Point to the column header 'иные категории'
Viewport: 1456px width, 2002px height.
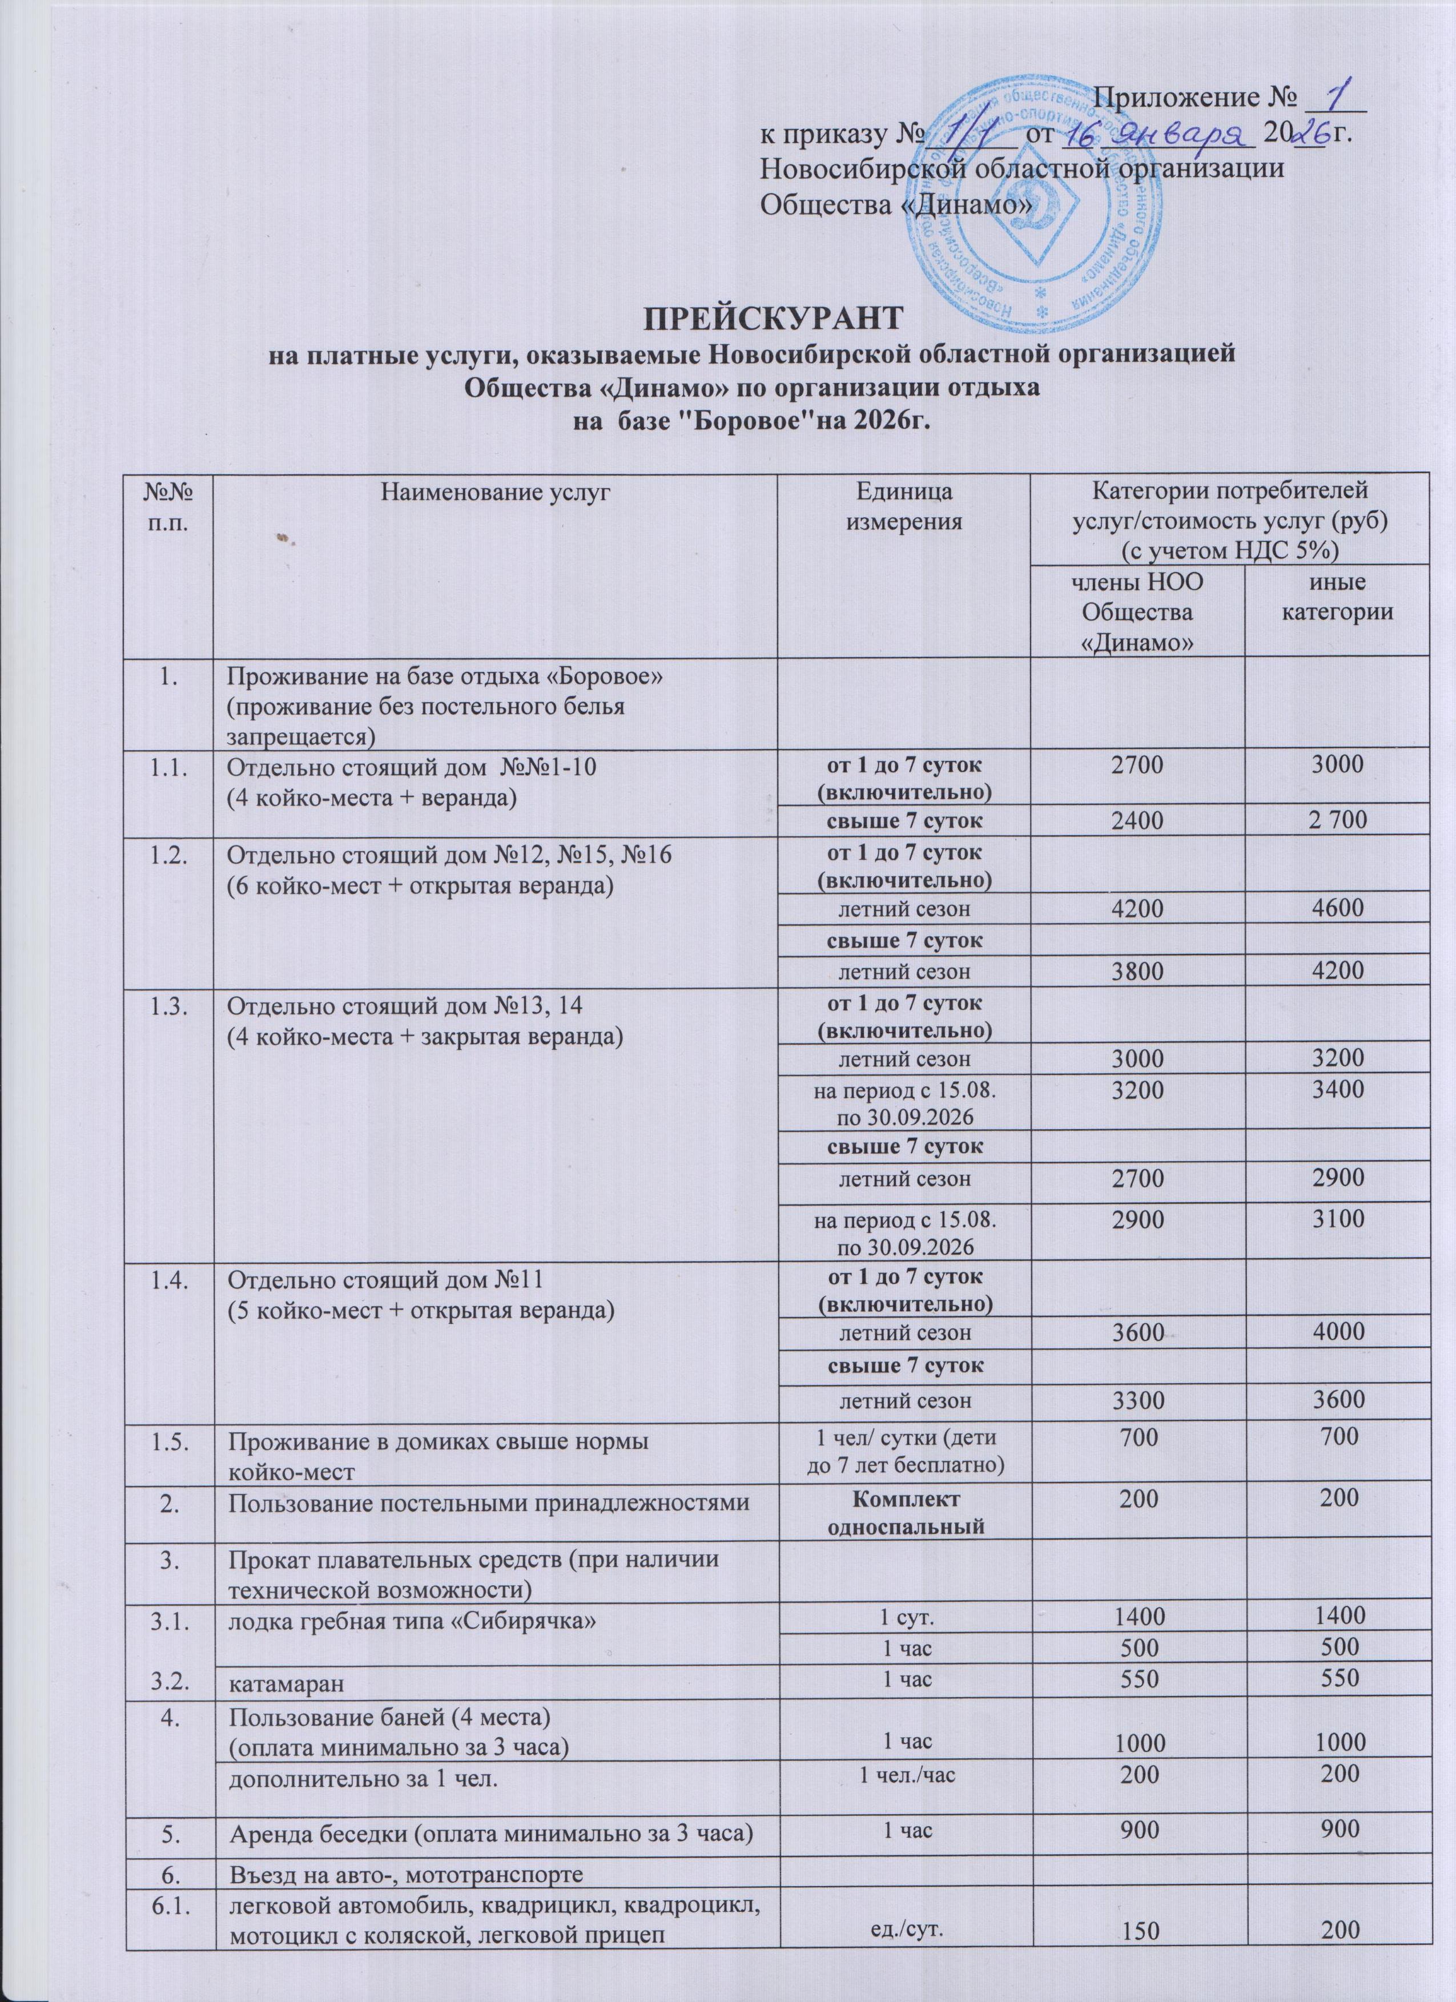point(1337,596)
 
